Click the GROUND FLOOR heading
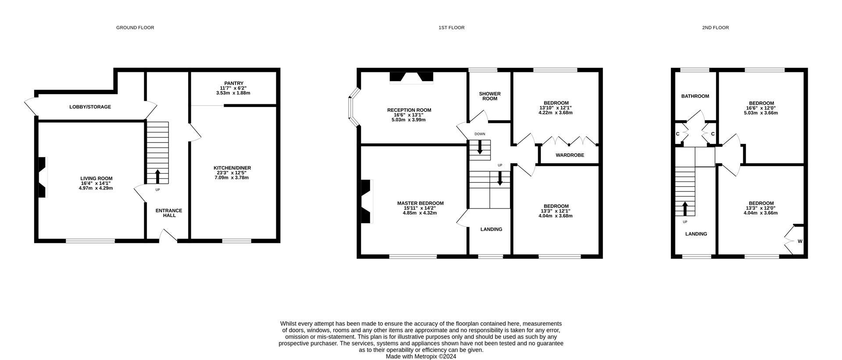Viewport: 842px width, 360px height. (x=135, y=28)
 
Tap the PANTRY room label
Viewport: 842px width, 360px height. (x=234, y=83)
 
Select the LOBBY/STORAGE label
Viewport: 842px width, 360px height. (x=90, y=107)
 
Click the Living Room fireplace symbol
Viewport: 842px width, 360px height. (x=42, y=178)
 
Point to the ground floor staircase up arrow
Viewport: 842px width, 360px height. (x=157, y=176)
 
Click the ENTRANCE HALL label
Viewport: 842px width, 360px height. (x=169, y=213)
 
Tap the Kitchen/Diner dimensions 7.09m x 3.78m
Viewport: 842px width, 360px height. (x=232, y=178)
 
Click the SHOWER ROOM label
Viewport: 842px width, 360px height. (x=490, y=96)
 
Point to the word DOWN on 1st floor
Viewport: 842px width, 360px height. (x=480, y=134)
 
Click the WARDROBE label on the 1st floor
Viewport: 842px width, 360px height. (x=570, y=155)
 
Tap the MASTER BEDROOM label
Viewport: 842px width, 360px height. (x=420, y=203)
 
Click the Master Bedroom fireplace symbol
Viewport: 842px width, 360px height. (x=365, y=202)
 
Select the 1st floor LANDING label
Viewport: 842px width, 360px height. (x=491, y=229)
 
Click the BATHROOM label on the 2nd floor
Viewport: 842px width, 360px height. (x=695, y=96)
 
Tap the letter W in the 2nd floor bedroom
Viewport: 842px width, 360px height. (x=800, y=242)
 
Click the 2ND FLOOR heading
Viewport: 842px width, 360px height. (x=715, y=28)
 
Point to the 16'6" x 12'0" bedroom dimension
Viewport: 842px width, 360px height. (x=761, y=108)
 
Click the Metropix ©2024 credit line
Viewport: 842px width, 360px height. (x=421, y=356)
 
